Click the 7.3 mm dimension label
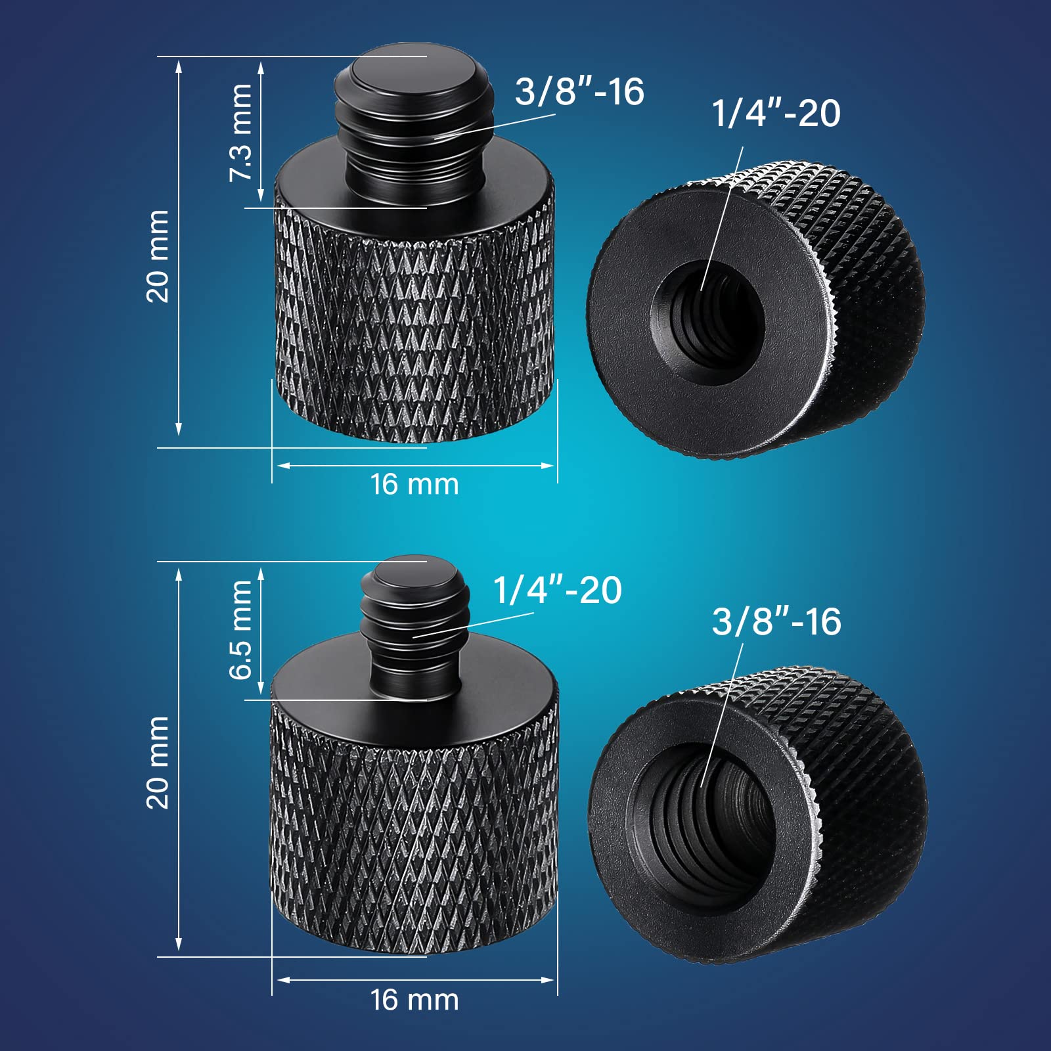(240, 132)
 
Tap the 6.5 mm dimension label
(240, 629)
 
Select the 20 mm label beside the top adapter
(158, 256)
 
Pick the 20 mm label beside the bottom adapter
(158, 762)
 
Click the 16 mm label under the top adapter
(414, 485)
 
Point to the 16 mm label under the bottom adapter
(414, 1000)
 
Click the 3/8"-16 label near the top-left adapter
(579, 91)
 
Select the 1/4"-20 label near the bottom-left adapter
(557, 589)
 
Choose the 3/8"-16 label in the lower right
(776, 621)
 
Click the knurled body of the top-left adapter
(414, 328)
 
